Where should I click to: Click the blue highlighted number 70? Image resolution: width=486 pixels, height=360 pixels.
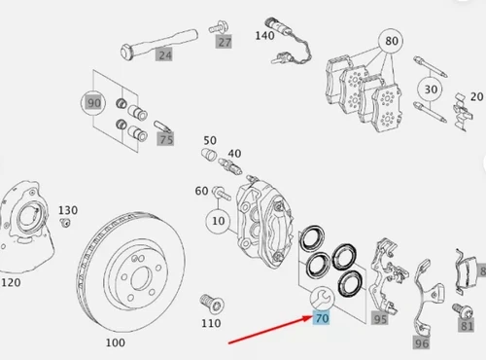(322, 318)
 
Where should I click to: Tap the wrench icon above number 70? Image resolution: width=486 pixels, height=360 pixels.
(322, 299)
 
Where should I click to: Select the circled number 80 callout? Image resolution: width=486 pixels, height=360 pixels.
(392, 41)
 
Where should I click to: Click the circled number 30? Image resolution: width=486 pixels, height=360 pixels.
(431, 90)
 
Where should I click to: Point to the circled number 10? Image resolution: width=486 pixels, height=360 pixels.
(219, 221)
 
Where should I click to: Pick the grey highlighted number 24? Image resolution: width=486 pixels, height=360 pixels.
(165, 54)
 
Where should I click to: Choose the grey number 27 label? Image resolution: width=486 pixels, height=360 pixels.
(225, 42)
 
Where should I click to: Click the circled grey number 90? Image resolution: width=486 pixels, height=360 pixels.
(93, 103)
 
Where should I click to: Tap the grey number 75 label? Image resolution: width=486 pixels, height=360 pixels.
(166, 139)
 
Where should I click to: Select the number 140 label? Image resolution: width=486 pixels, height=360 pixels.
(264, 36)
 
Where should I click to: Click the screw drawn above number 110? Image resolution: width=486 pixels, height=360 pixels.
(212, 304)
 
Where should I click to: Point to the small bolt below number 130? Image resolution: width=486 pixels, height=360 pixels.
(65, 223)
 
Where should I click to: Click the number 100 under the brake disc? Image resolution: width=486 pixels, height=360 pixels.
(116, 342)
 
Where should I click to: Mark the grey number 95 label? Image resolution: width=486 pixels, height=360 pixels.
(380, 319)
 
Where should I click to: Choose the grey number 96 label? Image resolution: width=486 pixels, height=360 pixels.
(422, 343)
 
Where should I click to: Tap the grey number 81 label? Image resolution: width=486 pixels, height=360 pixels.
(467, 326)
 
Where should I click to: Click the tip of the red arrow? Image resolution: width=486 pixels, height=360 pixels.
(312, 317)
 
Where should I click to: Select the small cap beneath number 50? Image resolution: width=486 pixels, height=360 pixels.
(209, 154)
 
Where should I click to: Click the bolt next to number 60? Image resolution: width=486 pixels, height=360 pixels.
(222, 193)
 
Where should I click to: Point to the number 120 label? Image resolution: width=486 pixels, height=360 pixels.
(11, 282)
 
